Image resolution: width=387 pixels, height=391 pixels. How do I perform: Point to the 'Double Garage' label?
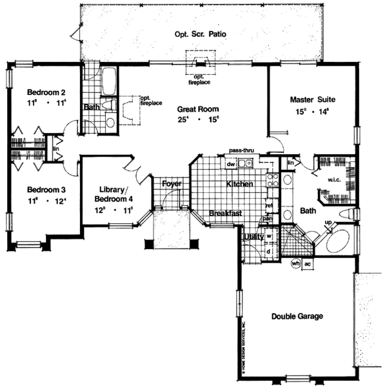pos(297,316)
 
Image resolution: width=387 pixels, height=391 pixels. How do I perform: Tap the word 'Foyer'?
pos(171,184)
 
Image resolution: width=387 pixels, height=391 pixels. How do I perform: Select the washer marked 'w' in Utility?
pos(268,236)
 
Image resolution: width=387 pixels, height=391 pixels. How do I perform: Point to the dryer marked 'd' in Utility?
pos(268,251)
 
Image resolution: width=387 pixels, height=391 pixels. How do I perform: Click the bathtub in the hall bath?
pos(107,81)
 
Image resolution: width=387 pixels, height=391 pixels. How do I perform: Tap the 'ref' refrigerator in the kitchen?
pos(269,206)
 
